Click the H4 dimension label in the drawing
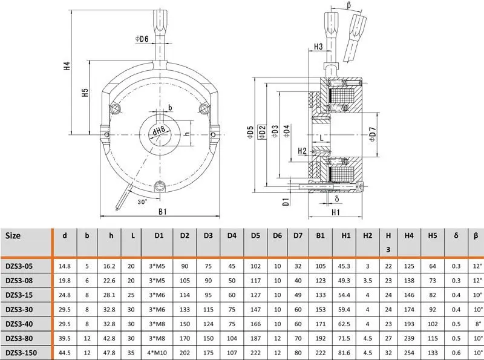pyautogui.click(x=67, y=66)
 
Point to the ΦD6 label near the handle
pyautogui.click(x=142, y=39)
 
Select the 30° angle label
pyautogui.click(x=142, y=202)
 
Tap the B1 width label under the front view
pyautogui.click(x=163, y=212)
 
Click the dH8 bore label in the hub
pyautogui.click(x=159, y=131)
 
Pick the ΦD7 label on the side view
pyautogui.click(x=373, y=134)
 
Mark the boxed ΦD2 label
pyautogui.click(x=262, y=132)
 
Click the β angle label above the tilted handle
pyautogui.click(x=349, y=5)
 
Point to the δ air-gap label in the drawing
pyautogui.click(x=337, y=199)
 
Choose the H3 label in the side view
pyautogui.click(x=318, y=47)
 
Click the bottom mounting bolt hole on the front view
pyautogui.click(x=160, y=186)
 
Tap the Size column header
pyautogui.click(x=13, y=235)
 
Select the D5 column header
pyautogui.click(x=255, y=235)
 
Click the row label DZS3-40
pyautogui.click(x=19, y=324)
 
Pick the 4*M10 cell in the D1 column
pyautogui.click(x=157, y=353)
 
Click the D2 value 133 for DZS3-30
pyautogui.click(x=185, y=309)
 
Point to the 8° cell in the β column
pyautogui.click(x=478, y=324)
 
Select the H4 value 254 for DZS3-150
pyautogui.click(x=409, y=353)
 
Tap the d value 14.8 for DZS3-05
pyautogui.click(x=65, y=266)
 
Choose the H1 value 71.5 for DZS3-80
pyautogui.click(x=344, y=338)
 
